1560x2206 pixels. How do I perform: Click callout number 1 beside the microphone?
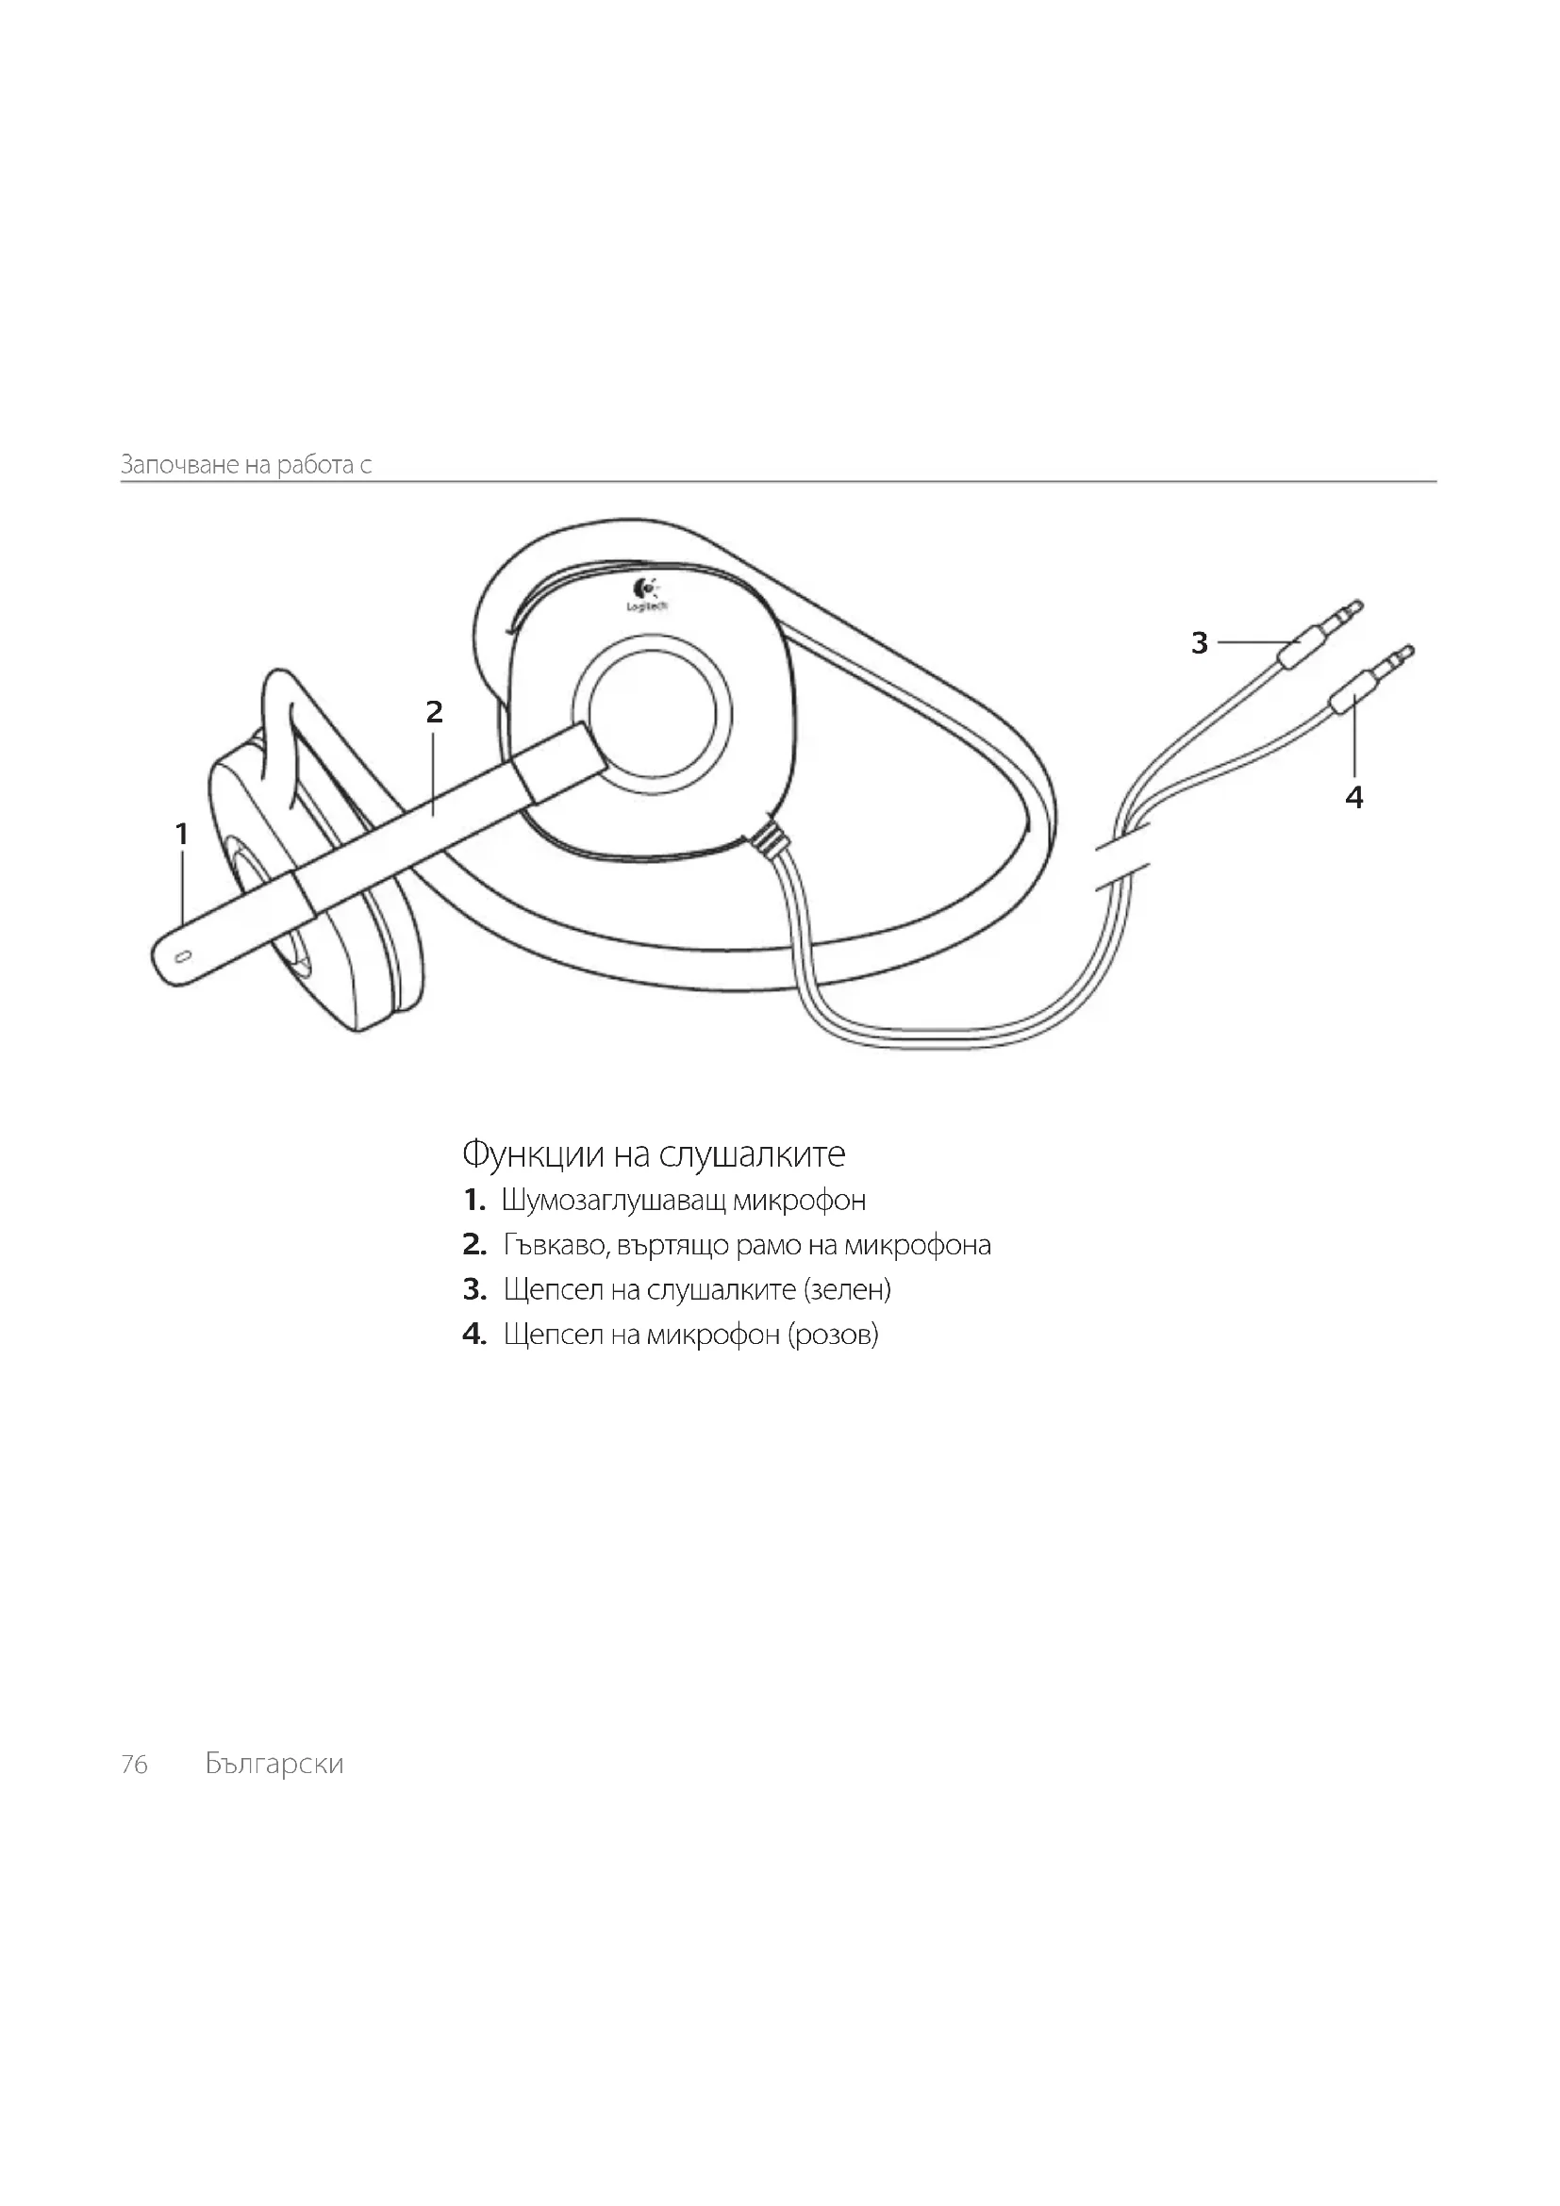point(181,834)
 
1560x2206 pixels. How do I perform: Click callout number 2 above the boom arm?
point(434,712)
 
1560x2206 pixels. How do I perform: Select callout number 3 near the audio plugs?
point(1199,643)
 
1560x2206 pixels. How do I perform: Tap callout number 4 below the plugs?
point(1354,797)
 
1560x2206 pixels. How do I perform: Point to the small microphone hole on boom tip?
point(185,956)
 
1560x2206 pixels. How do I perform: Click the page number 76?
point(135,1764)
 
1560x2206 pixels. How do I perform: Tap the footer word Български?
point(274,1764)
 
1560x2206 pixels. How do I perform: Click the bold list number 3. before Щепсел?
point(474,1289)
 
